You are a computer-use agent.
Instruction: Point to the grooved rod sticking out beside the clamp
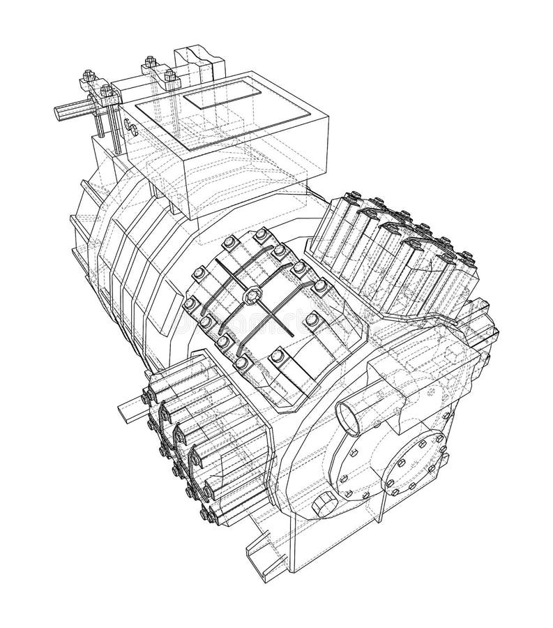pyautogui.click(x=70, y=112)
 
